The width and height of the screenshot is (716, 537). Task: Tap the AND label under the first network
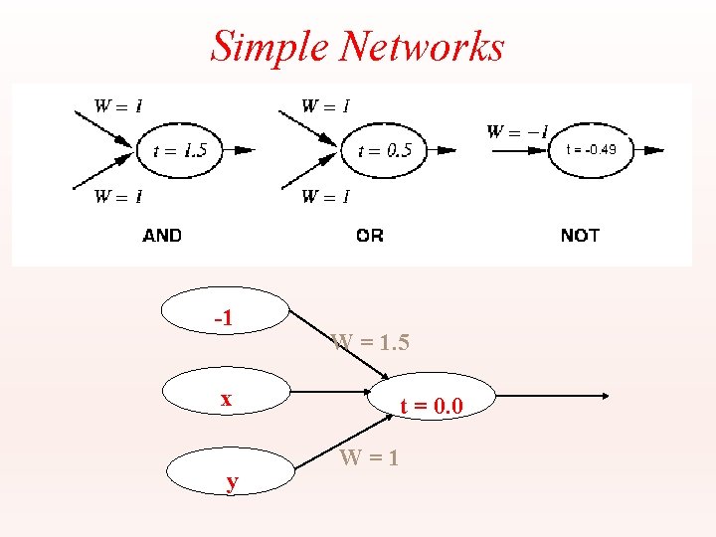pyautogui.click(x=162, y=236)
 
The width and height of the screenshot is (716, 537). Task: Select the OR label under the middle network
pyautogui.click(x=369, y=236)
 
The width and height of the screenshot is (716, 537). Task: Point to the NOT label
pyautogui.click(x=580, y=236)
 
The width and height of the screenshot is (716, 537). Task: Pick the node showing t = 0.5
pyautogui.click(x=386, y=151)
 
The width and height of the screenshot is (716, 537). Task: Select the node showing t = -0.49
pyautogui.click(x=592, y=150)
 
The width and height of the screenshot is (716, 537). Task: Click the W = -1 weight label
pyautogui.click(x=516, y=130)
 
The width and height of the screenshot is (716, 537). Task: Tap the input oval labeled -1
pyautogui.click(x=226, y=318)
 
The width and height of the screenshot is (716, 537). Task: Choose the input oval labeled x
pyautogui.click(x=226, y=399)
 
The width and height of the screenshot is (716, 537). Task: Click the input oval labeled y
pyautogui.click(x=231, y=481)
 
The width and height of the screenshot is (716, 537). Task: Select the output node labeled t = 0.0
pyautogui.click(x=431, y=405)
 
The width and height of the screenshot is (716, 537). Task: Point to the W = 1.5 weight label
pyautogui.click(x=370, y=343)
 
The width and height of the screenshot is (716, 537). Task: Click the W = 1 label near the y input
pyautogui.click(x=369, y=458)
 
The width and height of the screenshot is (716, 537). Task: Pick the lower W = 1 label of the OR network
pyautogui.click(x=325, y=196)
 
